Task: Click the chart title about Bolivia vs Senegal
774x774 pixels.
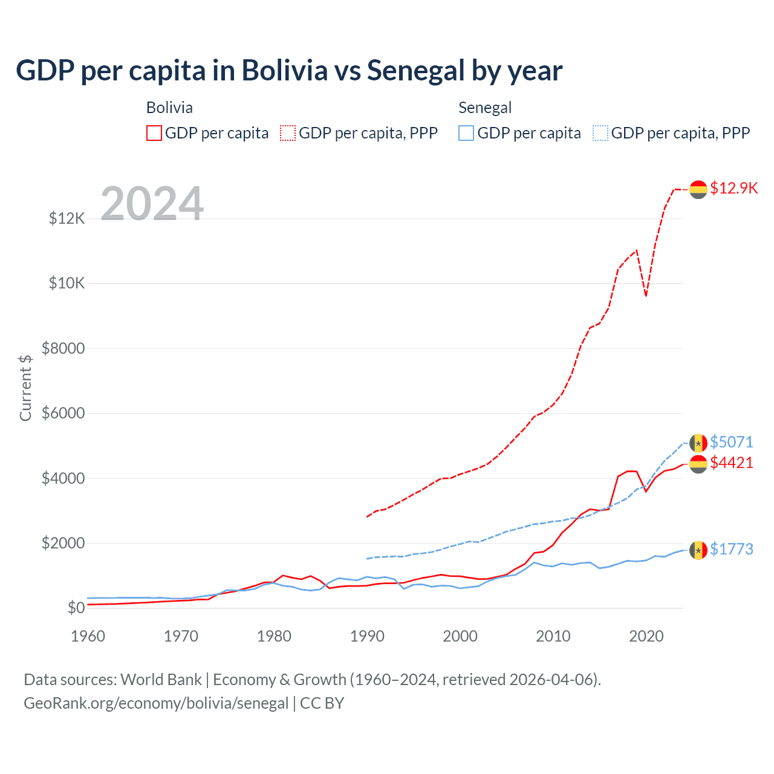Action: (x=289, y=71)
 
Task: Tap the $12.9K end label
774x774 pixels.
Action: (x=733, y=188)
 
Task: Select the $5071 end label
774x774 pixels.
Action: (x=731, y=442)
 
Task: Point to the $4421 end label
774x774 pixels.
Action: (x=731, y=463)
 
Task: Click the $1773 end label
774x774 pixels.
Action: (x=731, y=549)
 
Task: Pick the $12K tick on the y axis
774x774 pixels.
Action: (x=67, y=218)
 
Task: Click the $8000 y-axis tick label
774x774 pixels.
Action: (x=63, y=348)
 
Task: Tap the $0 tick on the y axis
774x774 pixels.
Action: (x=76, y=608)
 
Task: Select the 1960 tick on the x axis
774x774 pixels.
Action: (x=88, y=636)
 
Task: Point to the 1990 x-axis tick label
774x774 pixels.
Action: (x=367, y=636)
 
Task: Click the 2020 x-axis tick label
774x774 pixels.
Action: (x=646, y=636)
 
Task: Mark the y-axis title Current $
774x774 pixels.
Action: (x=25, y=388)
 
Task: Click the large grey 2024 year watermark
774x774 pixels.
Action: (x=152, y=204)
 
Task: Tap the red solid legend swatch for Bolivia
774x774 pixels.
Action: (x=154, y=133)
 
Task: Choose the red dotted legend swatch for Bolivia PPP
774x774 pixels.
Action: (x=288, y=133)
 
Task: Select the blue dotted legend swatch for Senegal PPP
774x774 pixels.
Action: (x=600, y=133)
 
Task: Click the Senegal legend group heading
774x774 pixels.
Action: (x=485, y=108)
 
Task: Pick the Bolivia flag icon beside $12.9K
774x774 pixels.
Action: (x=698, y=189)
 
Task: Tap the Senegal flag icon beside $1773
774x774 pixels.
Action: (x=698, y=550)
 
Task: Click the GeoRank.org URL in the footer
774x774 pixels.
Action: (x=156, y=703)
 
